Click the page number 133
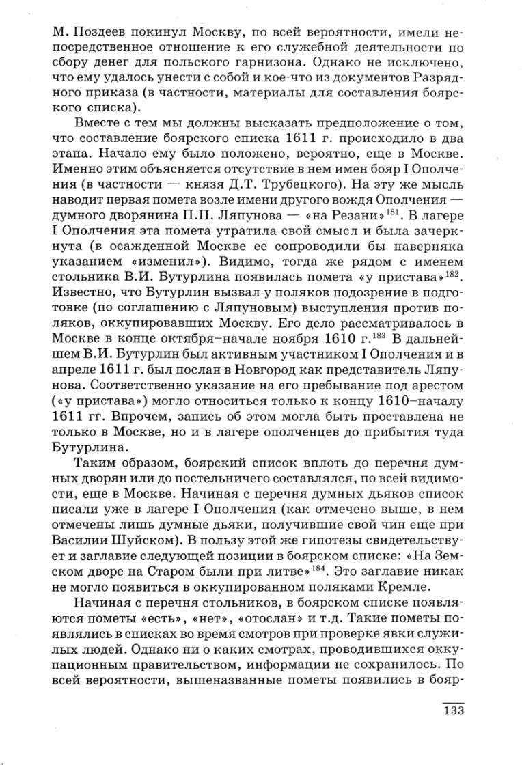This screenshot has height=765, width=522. (x=453, y=711)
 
